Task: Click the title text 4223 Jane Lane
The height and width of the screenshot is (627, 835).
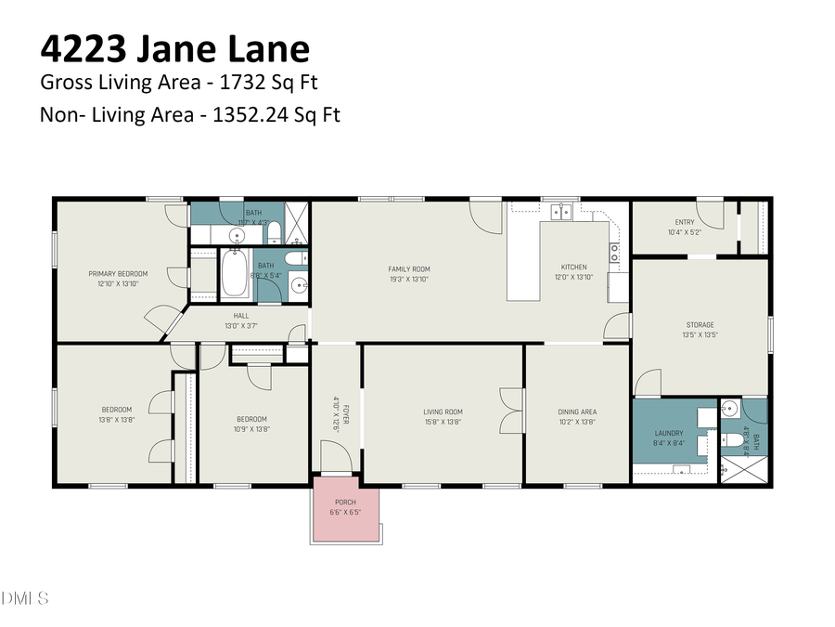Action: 174,49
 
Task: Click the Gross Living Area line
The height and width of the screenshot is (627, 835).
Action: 178,83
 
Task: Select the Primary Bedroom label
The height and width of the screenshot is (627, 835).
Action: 118,273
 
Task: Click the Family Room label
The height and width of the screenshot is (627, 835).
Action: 408,269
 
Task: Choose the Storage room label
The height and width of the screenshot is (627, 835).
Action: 700,325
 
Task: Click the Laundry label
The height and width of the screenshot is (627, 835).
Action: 668,433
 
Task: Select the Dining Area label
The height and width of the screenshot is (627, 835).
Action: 576,411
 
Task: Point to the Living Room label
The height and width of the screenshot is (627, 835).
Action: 443,411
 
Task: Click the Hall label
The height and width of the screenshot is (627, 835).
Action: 240,316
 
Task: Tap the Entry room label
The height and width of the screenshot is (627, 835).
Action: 684,221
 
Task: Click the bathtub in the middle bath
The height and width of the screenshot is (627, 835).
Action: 235,276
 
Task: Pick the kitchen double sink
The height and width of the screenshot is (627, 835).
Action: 559,213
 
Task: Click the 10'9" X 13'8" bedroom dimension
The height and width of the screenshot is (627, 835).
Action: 251,428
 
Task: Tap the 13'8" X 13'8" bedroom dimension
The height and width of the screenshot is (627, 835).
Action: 116,420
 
